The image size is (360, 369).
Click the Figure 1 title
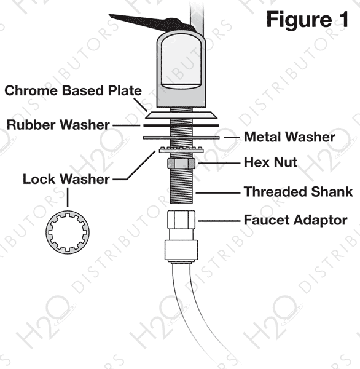coord(307,20)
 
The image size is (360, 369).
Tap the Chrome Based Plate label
coord(73,90)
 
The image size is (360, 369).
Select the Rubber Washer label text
coord(58,125)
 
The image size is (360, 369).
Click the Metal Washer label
coord(289,137)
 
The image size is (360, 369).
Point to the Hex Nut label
coord(270,162)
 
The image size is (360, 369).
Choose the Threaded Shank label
coord(298,191)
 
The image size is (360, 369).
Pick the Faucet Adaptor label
coord(295,220)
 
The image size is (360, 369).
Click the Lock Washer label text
coord(66,179)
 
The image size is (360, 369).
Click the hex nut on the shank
coord(181,164)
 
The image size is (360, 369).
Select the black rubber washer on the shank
coord(181,125)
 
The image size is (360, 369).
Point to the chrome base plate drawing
coord(181,116)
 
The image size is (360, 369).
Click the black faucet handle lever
coord(151,22)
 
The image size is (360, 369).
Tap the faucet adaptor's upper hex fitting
coord(181,220)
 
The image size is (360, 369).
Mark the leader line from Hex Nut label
coord(219,163)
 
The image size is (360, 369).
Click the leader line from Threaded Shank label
coord(217,192)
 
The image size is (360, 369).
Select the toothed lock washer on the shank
coord(181,149)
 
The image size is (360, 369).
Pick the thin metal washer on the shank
coord(181,137)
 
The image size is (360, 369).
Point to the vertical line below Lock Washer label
coord(68,197)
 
